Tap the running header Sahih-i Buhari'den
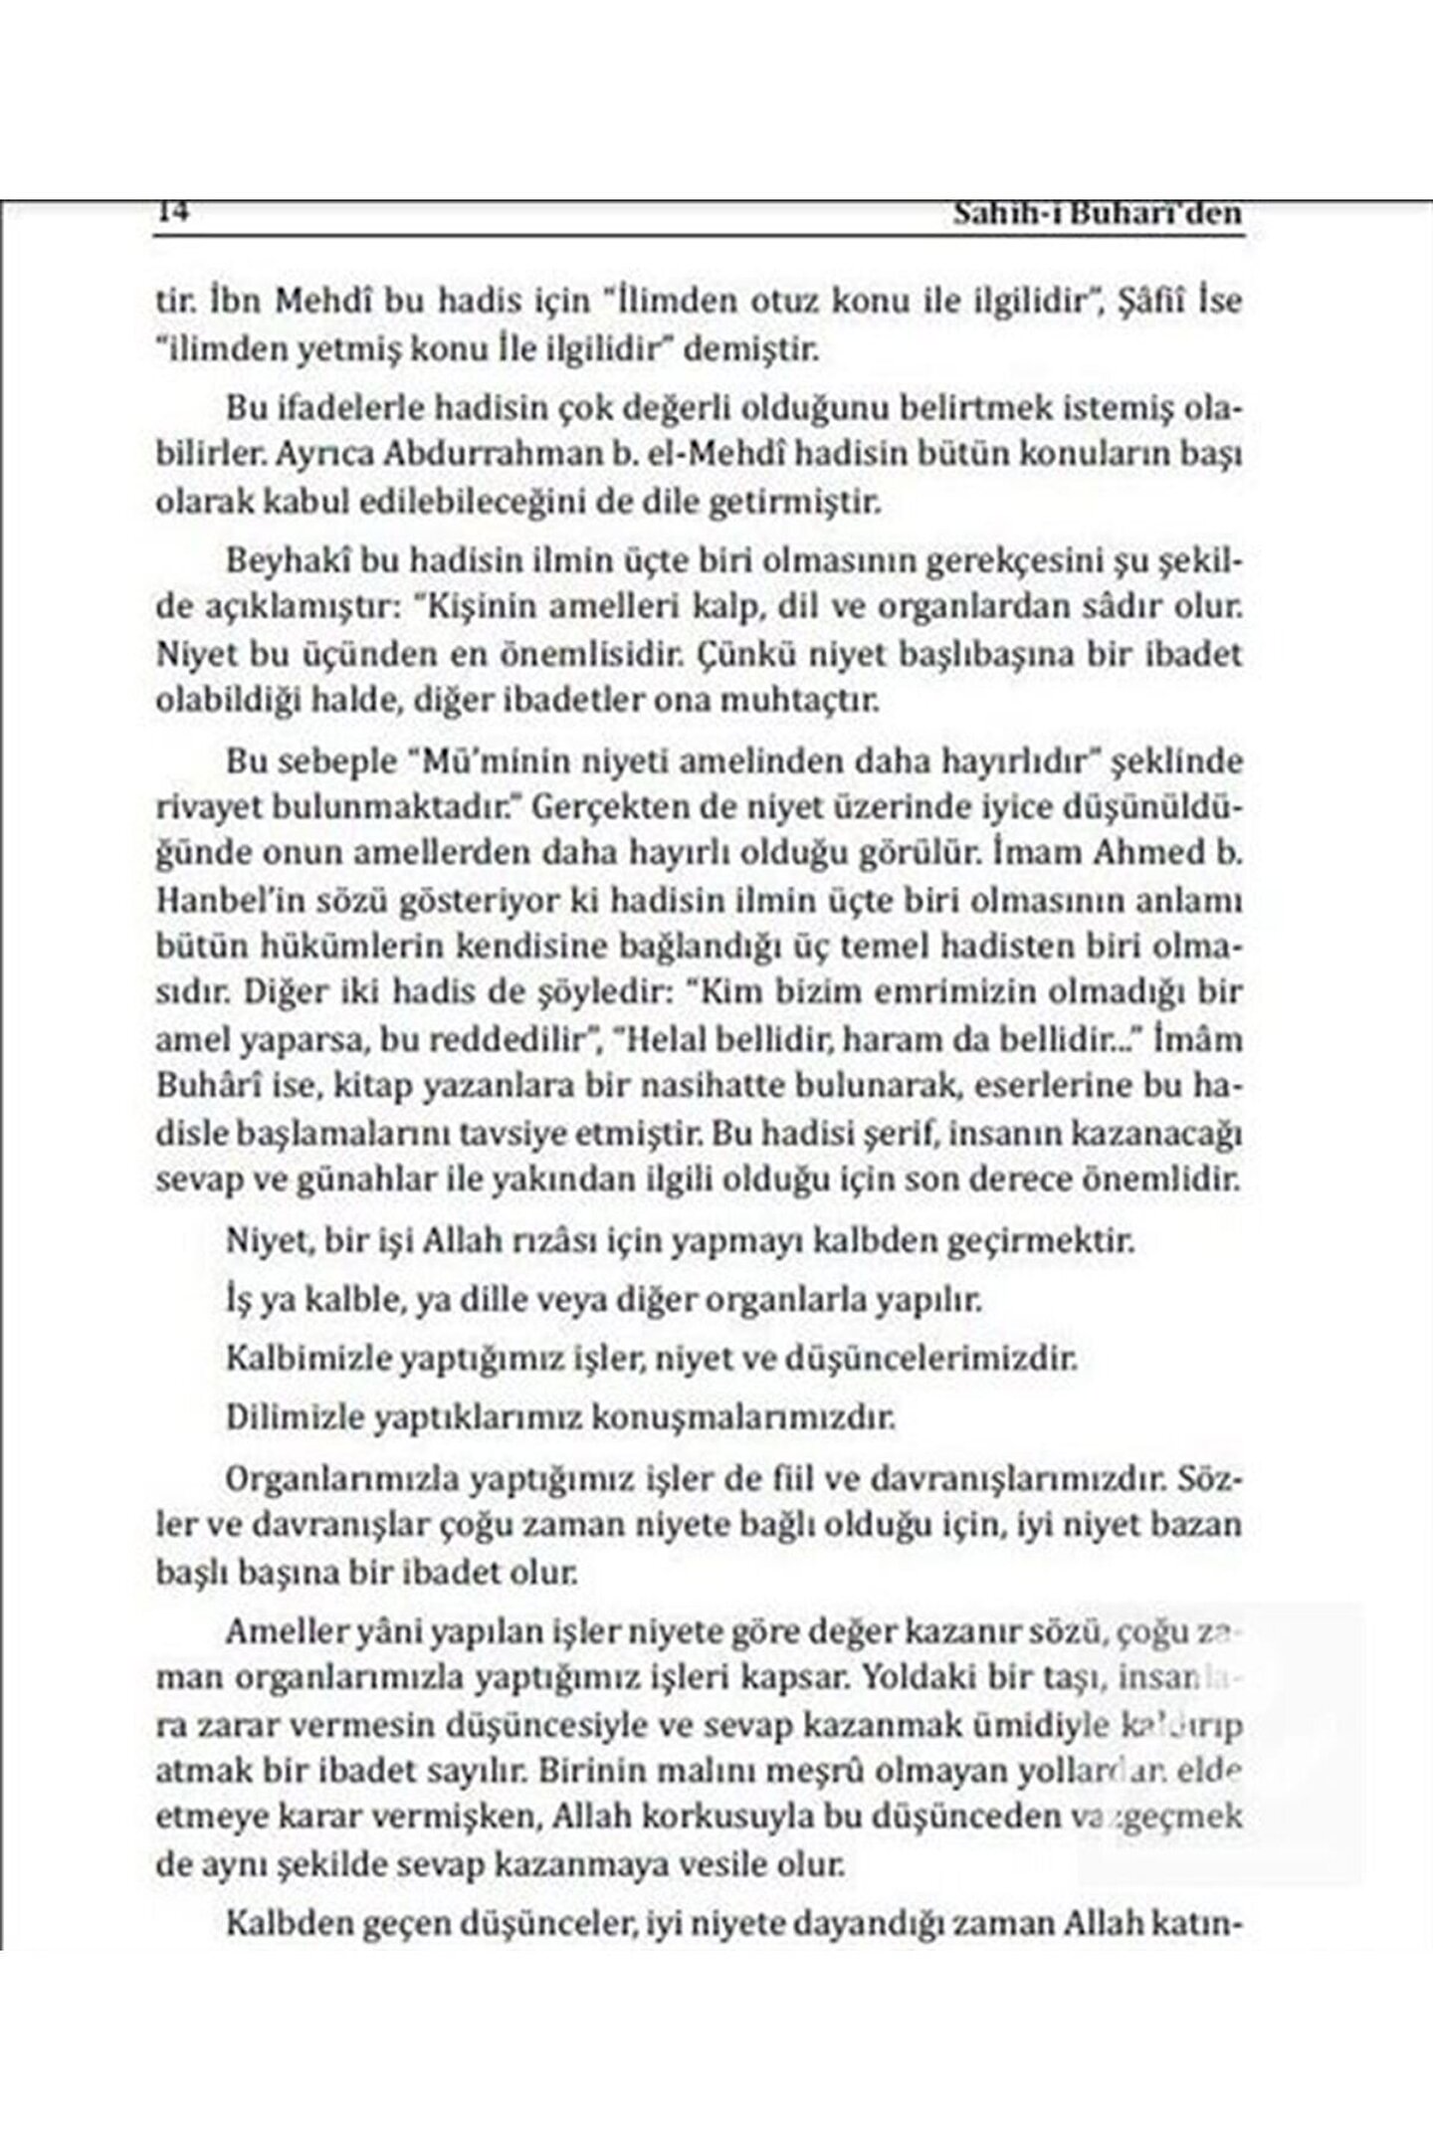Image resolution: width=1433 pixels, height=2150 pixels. [x=1098, y=215]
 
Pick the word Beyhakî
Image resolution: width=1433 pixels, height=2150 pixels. [x=283, y=559]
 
